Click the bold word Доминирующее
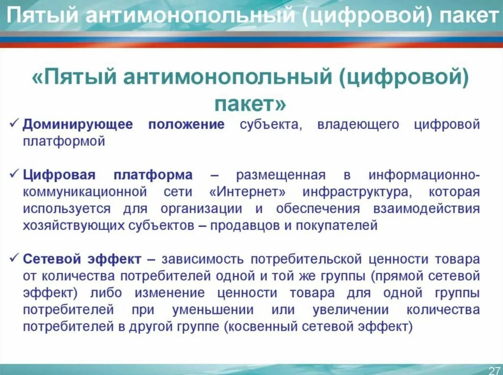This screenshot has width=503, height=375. (x=77, y=124)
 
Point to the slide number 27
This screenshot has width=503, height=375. (x=494, y=370)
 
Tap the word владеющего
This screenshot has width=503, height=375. (x=358, y=124)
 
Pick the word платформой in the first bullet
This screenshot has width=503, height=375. (x=64, y=141)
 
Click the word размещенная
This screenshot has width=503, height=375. (x=280, y=175)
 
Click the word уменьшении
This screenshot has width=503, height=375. (x=213, y=310)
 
